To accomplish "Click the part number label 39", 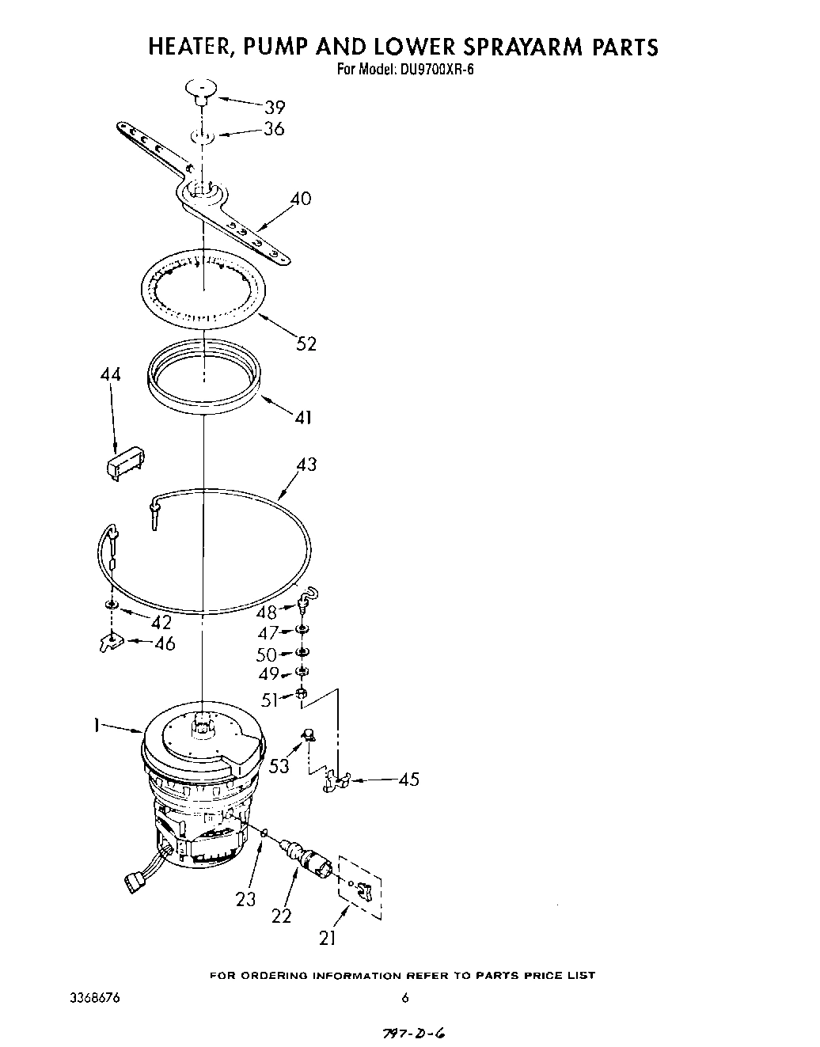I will click(274, 107).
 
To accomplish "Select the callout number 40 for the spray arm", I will click(300, 199).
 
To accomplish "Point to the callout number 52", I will click(305, 343).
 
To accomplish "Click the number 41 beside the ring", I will click(302, 416).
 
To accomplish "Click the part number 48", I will click(268, 613).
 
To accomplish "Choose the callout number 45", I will click(408, 780).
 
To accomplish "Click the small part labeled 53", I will click(308, 737).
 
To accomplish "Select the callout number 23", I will click(246, 899).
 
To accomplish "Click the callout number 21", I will click(327, 938).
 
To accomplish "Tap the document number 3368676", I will click(96, 998).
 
